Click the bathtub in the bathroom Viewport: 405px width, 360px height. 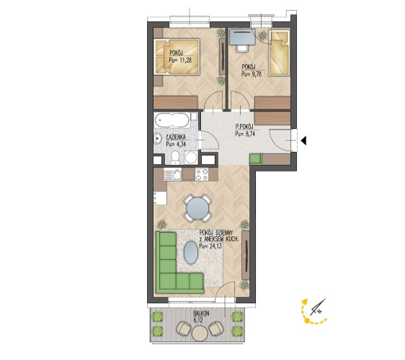tap(172, 120)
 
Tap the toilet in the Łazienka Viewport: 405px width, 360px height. tap(175, 158)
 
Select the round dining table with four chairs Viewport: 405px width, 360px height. tap(197, 209)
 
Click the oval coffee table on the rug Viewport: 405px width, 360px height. tap(191, 253)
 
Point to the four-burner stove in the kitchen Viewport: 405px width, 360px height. tap(202, 174)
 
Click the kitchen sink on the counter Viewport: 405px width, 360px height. tap(173, 174)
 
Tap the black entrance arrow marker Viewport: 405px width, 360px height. tap(304, 140)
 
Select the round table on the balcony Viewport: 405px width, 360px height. tap(200, 333)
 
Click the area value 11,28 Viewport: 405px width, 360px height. tap(186, 60)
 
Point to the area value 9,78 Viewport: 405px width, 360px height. tap(255, 74)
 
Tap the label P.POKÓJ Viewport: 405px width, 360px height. tap(244, 127)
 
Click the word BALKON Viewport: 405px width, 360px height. tap(201, 313)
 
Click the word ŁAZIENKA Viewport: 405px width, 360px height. tap(177, 138)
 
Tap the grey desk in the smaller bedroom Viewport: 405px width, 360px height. tap(242, 37)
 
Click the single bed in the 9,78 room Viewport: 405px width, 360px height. tap(279, 53)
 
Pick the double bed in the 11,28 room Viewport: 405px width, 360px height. tap(177, 57)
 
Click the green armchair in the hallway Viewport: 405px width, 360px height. tap(256, 159)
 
